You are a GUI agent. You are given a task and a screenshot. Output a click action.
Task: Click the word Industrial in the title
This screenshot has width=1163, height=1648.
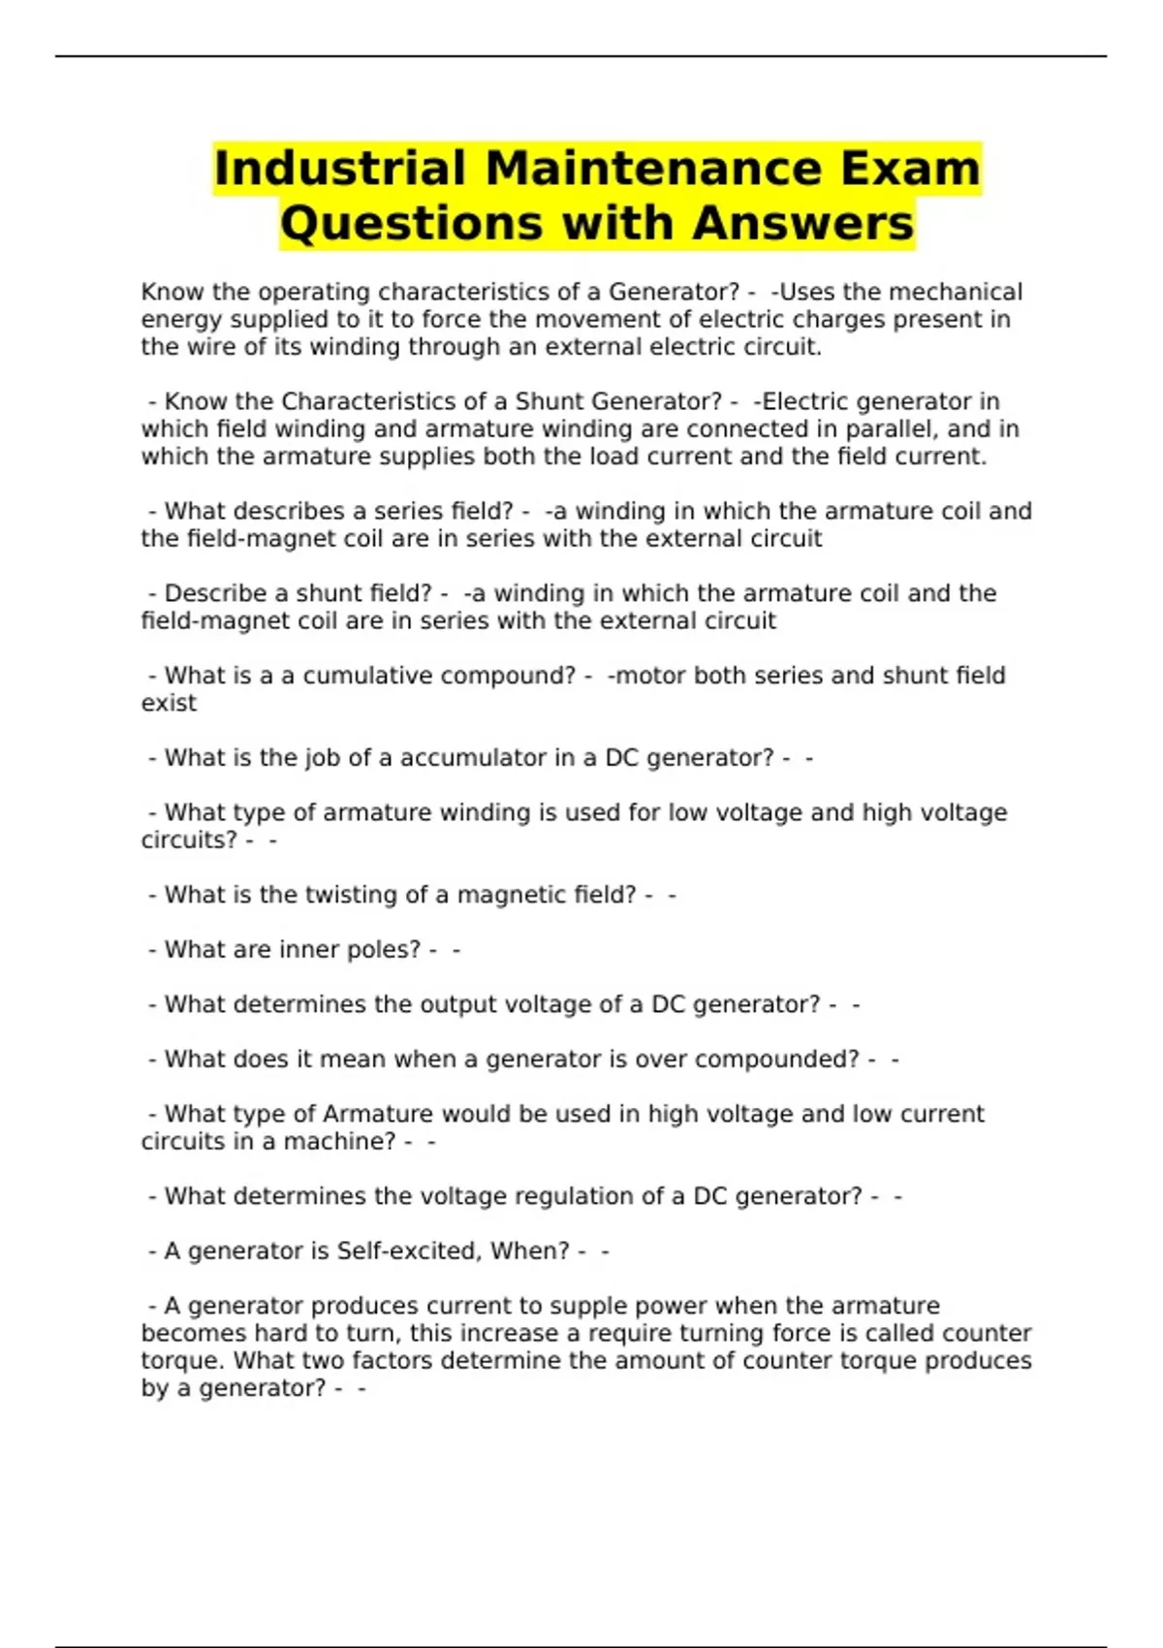point(340,169)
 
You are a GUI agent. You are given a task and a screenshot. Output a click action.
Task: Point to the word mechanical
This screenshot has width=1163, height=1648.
point(956,292)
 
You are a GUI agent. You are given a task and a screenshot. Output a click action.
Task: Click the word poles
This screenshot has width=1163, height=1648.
point(384,949)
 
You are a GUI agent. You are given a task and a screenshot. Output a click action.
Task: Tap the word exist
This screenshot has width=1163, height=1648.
point(169,703)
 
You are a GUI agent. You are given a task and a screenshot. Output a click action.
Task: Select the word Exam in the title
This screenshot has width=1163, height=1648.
point(910,169)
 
